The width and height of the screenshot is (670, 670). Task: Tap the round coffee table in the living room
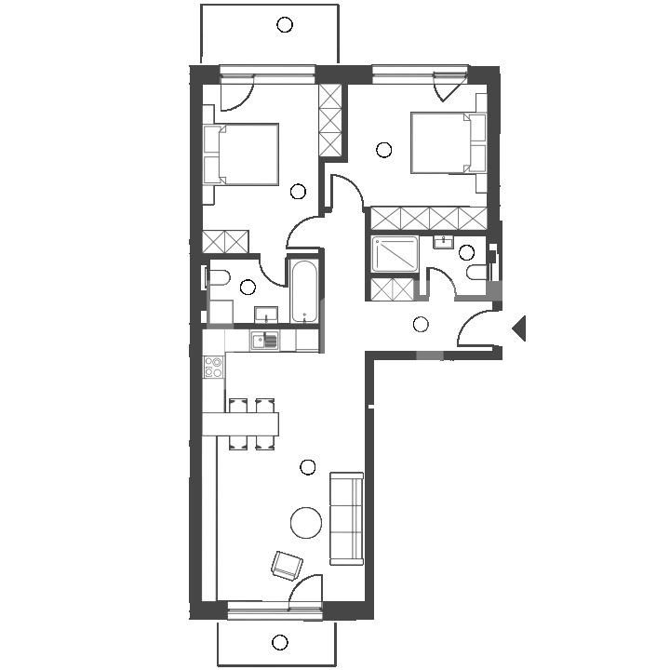coord(306,522)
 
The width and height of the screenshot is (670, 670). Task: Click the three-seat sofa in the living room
coord(346,517)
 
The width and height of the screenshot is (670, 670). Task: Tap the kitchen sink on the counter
coord(266,340)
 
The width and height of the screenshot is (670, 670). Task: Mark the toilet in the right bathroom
coord(478,273)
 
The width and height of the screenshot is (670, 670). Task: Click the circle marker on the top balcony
coord(285,25)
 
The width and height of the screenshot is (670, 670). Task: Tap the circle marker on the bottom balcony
coord(279,642)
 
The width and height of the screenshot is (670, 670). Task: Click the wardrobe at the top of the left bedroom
coord(330,121)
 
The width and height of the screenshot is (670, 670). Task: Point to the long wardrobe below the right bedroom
coord(428,219)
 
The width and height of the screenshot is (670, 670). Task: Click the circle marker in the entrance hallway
coord(421,324)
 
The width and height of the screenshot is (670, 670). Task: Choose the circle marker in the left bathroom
coord(248,288)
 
